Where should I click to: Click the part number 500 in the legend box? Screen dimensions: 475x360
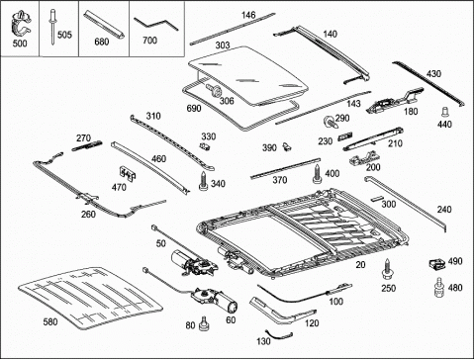pyautogui.click(x=20, y=44)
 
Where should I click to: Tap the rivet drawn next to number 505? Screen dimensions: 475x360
pyautogui.click(x=52, y=27)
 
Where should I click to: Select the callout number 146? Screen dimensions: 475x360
pyautogui.click(x=248, y=15)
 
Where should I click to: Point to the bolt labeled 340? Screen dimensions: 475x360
pyautogui.click(x=203, y=181)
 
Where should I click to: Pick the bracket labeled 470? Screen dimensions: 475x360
pyautogui.click(x=127, y=173)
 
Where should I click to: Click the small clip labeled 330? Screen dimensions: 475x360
pyautogui.click(x=205, y=146)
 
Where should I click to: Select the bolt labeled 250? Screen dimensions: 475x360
pyautogui.click(x=387, y=269)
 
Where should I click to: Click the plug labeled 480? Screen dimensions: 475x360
pyautogui.click(x=438, y=288)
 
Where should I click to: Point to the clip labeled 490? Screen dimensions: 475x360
pyautogui.click(x=436, y=264)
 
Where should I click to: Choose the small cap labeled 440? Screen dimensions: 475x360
pyautogui.click(x=445, y=112)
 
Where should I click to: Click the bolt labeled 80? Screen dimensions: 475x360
pyautogui.click(x=204, y=324)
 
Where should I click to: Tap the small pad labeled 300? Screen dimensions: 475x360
pyautogui.click(x=376, y=199)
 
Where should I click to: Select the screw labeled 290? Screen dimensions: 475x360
pyautogui.click(x=330, y=122)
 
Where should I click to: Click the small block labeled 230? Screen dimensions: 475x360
pyautogui.click(x=345, y=135)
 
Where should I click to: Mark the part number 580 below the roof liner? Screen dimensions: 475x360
pyautogui.click(x=50, y=321)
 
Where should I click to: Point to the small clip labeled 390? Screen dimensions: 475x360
pyautogui.click(x=287, y=146)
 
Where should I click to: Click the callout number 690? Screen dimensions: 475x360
pyautogui.click(x=194, y=108)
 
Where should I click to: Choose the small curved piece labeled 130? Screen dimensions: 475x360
pyautogui.click(x=279, y=337)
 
